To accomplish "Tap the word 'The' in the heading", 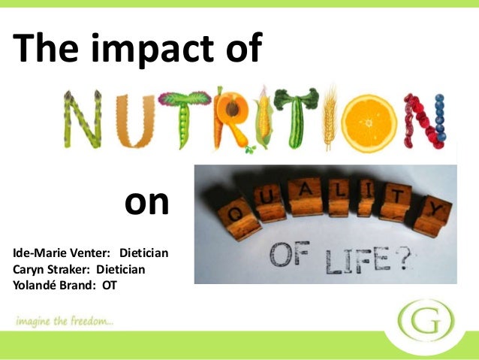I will point(44,49).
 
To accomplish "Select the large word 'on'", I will point(146,202).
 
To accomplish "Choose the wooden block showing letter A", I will point(306,194).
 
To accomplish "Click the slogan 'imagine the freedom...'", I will point(63,322).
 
